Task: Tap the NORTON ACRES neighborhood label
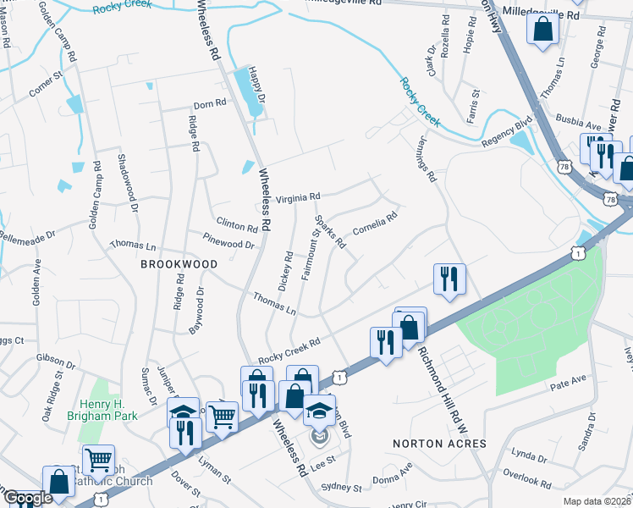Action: (x=440, y=444)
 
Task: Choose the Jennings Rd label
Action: (x=428, y=163)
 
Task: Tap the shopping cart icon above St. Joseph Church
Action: (x=98, y=461)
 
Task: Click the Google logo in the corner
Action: (x=28, y=499)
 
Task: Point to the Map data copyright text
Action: (x=597, y=501)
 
